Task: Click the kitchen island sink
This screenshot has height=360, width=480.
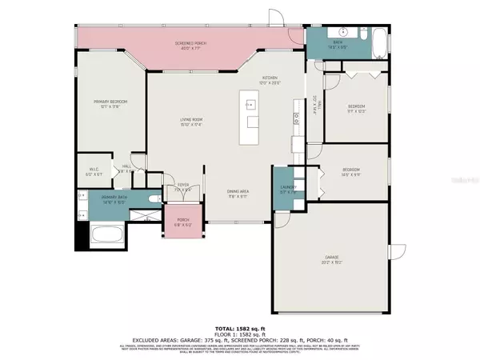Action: (251, 104)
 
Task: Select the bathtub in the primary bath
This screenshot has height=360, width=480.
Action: (106, 238)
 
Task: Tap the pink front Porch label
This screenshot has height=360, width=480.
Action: (182, 224)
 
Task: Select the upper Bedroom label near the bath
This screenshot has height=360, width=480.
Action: (356, 108)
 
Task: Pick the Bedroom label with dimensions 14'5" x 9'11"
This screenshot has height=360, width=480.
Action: (351, 170)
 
